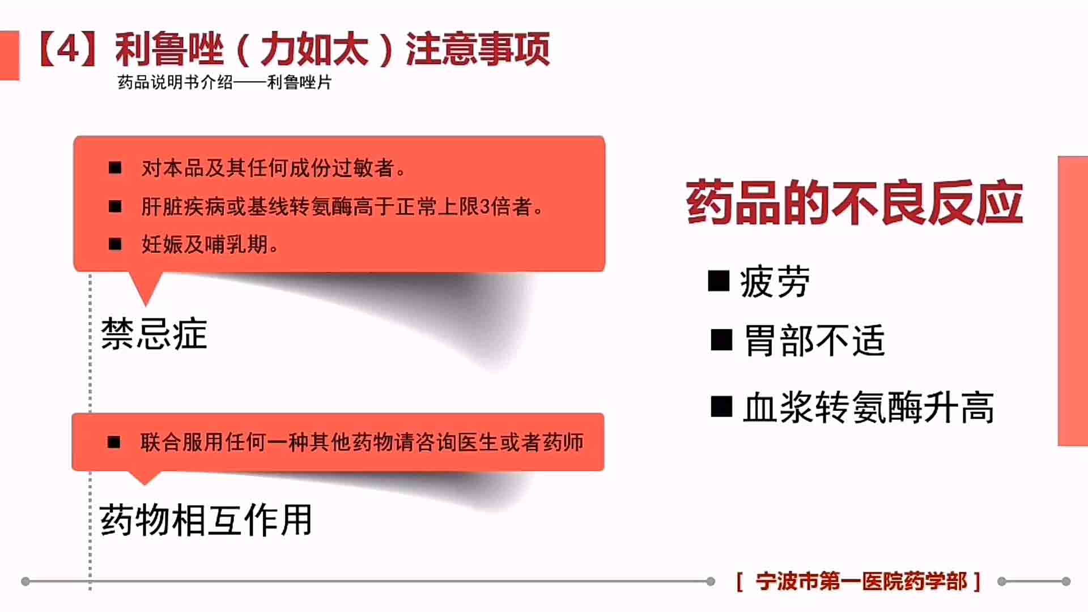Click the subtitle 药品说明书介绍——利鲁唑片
click(x=224, y=82)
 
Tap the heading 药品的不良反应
click(x=855, y=202)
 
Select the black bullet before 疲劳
click(x=719, y=280)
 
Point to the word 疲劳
click(x=775, y=282)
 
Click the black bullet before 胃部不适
click(x=721, y=340)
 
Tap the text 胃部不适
click(x=814, y=341)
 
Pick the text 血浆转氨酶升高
click(x=869, y=407)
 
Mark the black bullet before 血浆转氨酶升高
click(x=721, y=406)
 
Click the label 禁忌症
click(x=154, y=334)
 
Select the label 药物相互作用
click(x=206, y=520)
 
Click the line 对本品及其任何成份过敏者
click(x=273, y=168)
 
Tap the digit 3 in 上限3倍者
click(x=485, y=207)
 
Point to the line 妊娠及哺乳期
click(x=210, y=245)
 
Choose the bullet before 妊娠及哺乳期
click(x=115, y=244)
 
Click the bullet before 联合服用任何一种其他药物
click(x=114, y=442)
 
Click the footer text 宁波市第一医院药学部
click(x=861, y=581)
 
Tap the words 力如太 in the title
click(x=315, y=49)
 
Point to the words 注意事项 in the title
click(x=477, y=49)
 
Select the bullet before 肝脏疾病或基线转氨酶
click(x=115, y=206)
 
